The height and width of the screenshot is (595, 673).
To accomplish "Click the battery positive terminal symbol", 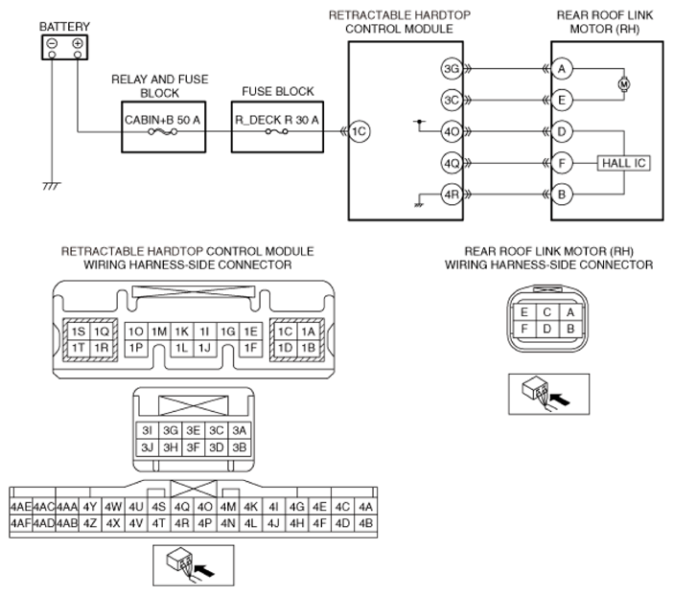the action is point(78,43).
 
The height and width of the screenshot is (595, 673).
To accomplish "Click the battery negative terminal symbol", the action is point(53,43).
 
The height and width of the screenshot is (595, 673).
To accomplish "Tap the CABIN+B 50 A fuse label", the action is point(162,120).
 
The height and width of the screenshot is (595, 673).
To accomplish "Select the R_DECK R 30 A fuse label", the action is point(277,120).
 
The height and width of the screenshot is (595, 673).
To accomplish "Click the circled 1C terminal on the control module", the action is point(359,131).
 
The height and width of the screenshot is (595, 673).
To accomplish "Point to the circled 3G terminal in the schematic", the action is point(452,69).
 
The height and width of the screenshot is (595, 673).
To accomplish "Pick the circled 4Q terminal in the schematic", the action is point(452,163).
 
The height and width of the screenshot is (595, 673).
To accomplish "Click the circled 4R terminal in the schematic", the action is point(452,195).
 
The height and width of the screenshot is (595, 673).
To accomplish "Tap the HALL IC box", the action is point(624,163).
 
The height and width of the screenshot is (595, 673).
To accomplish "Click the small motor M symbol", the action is point(624,84).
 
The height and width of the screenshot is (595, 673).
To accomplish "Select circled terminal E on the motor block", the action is point(562,100).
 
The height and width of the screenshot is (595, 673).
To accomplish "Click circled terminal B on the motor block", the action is point(562,195).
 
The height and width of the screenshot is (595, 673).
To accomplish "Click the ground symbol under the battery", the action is point(52,186).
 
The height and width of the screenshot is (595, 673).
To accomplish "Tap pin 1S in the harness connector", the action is point(78,332).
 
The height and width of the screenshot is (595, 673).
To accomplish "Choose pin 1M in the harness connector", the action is point(159,332).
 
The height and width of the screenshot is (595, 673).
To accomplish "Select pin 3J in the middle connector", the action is point(148,447).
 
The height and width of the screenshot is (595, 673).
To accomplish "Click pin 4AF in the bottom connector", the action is point(20,523).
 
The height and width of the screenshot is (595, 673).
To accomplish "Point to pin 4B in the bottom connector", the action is point(365,523).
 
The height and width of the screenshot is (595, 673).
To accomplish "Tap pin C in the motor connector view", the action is point(546,311).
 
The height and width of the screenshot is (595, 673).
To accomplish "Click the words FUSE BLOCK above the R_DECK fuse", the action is point(278,91).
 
